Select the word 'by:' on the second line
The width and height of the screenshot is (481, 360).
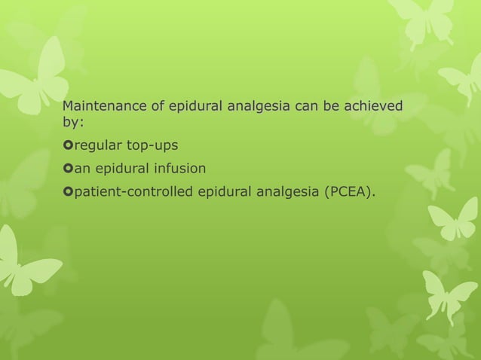coord(72,121)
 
